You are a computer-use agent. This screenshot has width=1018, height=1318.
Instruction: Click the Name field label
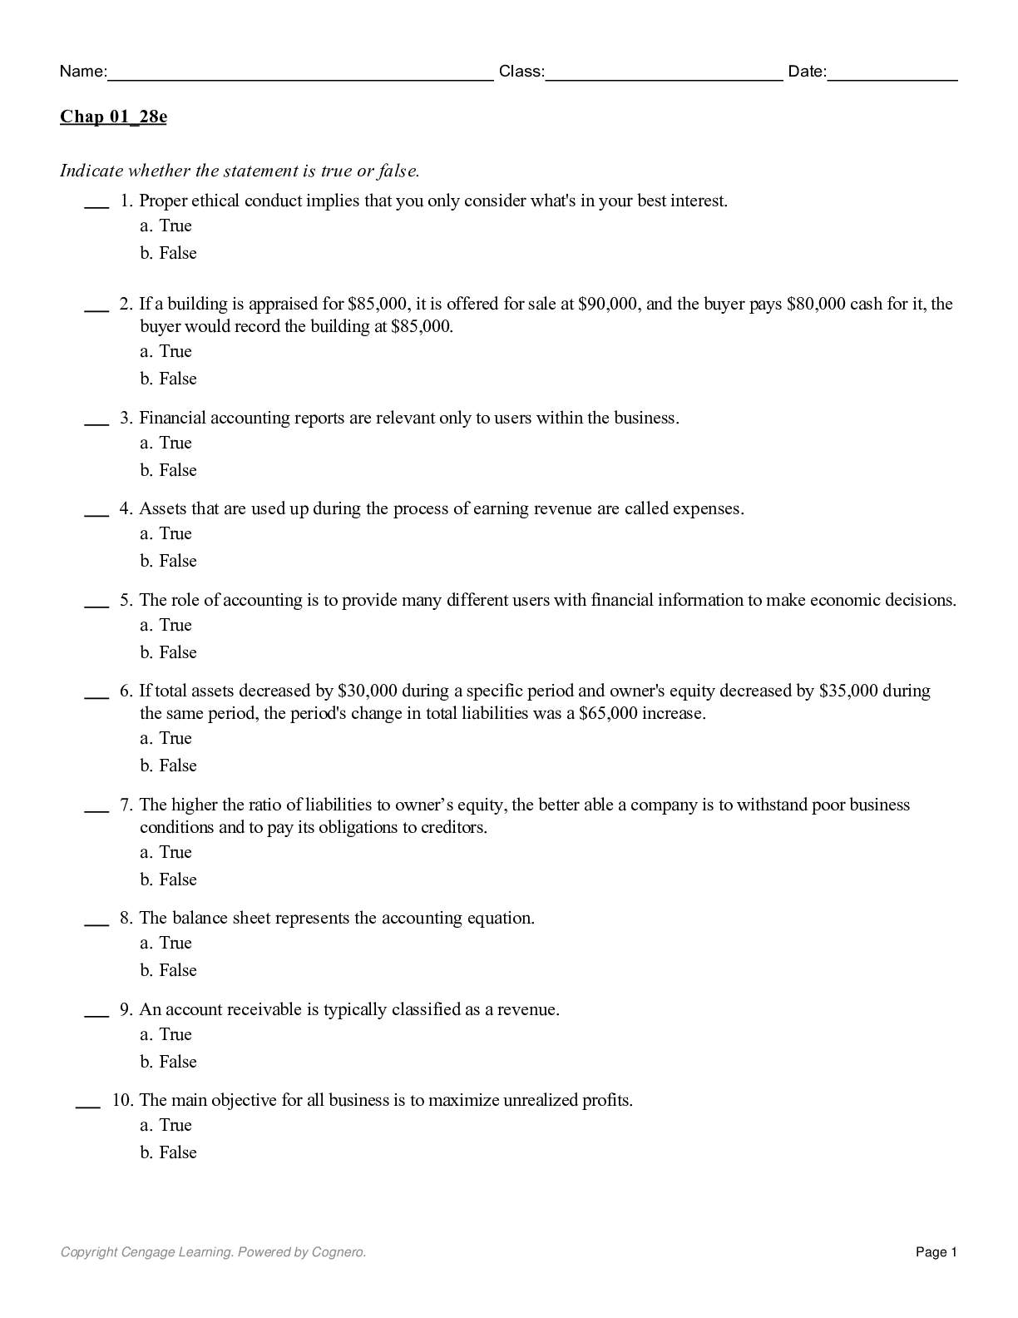82,72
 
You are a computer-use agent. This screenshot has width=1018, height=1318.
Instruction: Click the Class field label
521,72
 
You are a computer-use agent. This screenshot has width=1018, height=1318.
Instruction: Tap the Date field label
807,72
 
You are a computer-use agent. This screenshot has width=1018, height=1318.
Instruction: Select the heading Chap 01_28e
113,116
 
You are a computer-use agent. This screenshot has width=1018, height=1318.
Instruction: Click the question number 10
122,1100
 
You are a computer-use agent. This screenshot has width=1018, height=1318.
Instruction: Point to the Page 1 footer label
936,1251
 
